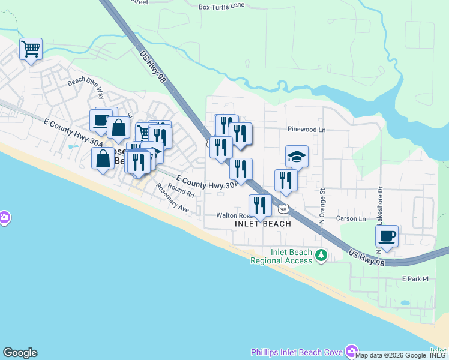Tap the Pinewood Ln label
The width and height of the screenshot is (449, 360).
coord(306,129)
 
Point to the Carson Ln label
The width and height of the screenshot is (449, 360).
coord(351,218)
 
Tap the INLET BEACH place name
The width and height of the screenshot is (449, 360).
coord(262,224)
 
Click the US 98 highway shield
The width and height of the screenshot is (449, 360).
coord(283,208)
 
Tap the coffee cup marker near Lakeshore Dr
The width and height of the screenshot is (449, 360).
coord(387,236)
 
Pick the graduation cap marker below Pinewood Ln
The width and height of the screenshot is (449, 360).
coord(297,157)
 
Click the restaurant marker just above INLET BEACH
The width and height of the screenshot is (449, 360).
coord(260,205)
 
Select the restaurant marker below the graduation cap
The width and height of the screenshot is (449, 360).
coord(286,181)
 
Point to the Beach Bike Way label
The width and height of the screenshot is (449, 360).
coord(86,88)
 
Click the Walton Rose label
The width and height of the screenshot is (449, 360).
coord(231,215)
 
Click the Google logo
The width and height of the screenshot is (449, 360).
coord(20,353)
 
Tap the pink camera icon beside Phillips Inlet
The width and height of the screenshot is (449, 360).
coord(351,352)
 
